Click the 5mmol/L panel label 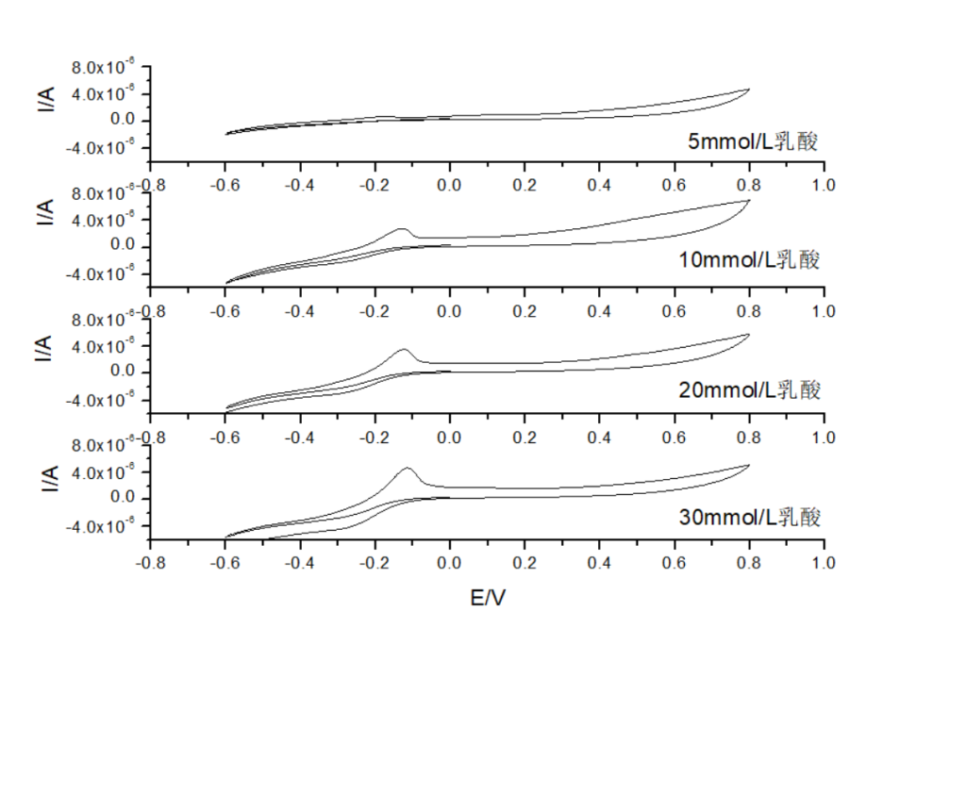[x=752, y=142]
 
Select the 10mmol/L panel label [x=749, y=259]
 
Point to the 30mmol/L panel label [x=749, y=517]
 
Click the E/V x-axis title [x=487, y=599]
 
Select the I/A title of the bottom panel [x=45, y=481]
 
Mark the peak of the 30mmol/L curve [x=408, y=468]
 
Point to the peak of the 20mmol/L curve [x=404, y=350]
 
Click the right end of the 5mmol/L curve [x=749, y=90]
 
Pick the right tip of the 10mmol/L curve [x=749, y=200]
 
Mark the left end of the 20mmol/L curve [x=226, y=409]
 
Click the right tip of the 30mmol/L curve [x=749, y=465]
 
